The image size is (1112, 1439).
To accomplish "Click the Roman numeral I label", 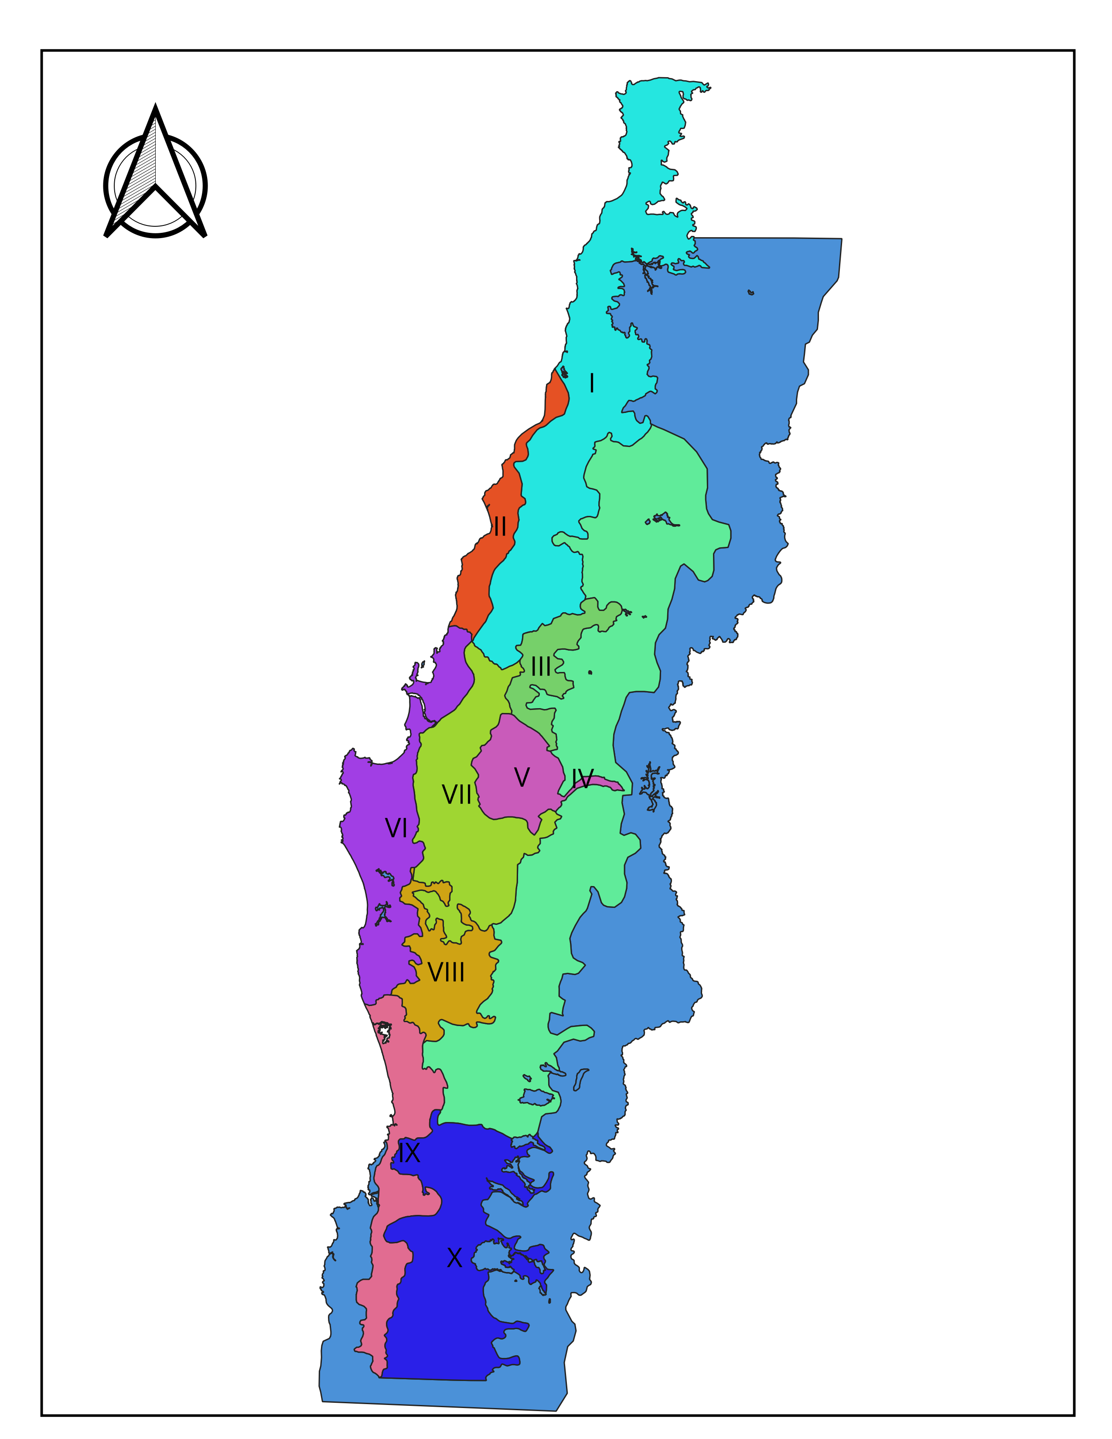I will tap(592, 383).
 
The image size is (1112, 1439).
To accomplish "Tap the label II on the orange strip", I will tap(500, 526).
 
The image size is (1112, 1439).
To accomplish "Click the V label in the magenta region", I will tap(521, 777).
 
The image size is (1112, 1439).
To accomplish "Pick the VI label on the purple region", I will tap(396, 828).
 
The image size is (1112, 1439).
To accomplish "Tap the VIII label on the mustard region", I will tap(446, 972).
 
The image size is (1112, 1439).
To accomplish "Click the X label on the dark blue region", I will tap(454, 1258).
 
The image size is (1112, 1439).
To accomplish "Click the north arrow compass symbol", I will tap(156, 178).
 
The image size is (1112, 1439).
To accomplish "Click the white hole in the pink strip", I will tap(383, 1030).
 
